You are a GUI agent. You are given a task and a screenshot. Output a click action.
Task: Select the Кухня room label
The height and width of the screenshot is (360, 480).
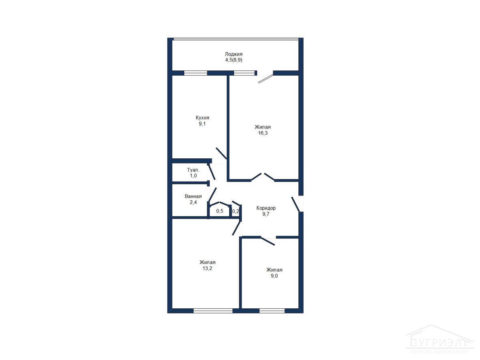click(x=202, y=118)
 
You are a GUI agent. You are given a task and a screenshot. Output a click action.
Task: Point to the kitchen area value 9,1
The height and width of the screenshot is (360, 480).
click(x=202, y=124)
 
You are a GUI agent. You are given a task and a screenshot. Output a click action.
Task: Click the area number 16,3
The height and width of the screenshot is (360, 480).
click(x=263, y=133)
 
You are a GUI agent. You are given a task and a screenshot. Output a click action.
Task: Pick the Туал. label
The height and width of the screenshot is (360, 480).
click(x=193, y=170)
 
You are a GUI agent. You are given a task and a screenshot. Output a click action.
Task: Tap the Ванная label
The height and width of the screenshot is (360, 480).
click(x=193, y=196)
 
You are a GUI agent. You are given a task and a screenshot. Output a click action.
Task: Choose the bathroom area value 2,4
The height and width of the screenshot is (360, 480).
click(x=193, y=202)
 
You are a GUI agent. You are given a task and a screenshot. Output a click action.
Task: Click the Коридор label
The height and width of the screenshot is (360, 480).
click(x=266, y=208)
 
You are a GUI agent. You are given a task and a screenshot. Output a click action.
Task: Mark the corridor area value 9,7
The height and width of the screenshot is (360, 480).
click(x=266, y=214)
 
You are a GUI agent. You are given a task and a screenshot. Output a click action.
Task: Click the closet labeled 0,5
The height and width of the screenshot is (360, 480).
click(x=220, y=211)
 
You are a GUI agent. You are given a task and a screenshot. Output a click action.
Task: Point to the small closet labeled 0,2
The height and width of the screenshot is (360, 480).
click(x=235, y=211)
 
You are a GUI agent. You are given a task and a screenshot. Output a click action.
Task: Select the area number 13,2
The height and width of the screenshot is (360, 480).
click(x=207, y=268)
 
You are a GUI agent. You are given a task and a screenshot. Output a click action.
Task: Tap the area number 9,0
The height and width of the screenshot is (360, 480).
click(x=274, y=276)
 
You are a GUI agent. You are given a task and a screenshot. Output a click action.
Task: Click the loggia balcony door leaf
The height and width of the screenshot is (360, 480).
click(x=266, y=79)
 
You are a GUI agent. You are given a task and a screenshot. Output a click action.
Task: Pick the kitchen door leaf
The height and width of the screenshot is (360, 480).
click(x=221, y=153)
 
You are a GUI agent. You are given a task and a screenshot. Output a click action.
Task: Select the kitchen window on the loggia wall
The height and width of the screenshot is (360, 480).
click(x=196, y=73)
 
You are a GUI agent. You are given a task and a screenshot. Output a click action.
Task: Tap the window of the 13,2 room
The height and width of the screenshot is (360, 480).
click(x=213, y=311)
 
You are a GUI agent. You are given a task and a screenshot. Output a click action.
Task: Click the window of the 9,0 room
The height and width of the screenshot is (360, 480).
click(x=272, y=311)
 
